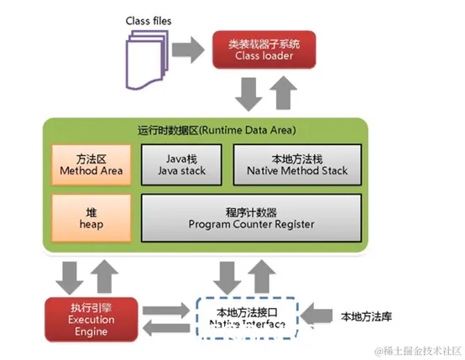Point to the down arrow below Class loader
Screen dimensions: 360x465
click(x=247, y=93)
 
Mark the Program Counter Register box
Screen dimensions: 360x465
click(x=252, y=215)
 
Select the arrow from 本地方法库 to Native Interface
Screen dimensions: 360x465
click(x=317, y=316)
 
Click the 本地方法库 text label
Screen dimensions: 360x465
click(x=368, y=316)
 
